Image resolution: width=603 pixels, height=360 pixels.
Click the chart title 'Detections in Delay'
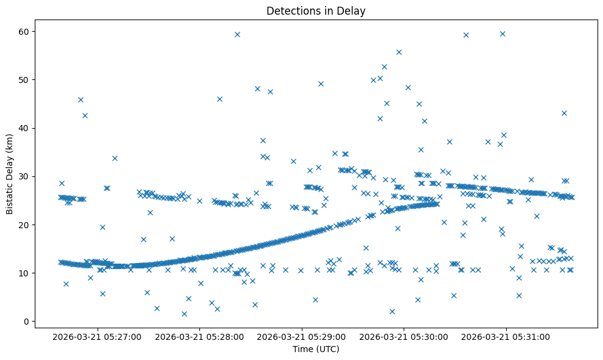coord(316,10)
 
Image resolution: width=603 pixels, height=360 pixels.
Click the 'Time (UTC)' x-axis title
coord(316,349)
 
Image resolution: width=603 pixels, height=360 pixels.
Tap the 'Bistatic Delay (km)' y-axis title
coord(10,175)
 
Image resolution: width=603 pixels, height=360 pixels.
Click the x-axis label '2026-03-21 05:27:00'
coord(97,336)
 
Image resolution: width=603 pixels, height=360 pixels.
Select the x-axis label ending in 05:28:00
coord(199,336)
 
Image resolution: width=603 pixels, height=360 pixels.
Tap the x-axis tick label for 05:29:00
coord(302,336)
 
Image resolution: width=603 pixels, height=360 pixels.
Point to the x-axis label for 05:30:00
coord(404,336)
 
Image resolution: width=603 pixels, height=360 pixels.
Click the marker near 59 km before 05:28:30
coord(237,34)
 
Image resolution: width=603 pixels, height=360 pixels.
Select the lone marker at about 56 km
coord(399,52)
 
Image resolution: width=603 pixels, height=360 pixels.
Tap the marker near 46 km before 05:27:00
coord(80,99)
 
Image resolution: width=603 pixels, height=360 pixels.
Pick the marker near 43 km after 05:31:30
coord(564,113)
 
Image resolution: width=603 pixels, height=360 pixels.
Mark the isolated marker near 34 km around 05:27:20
coord(115,158)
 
